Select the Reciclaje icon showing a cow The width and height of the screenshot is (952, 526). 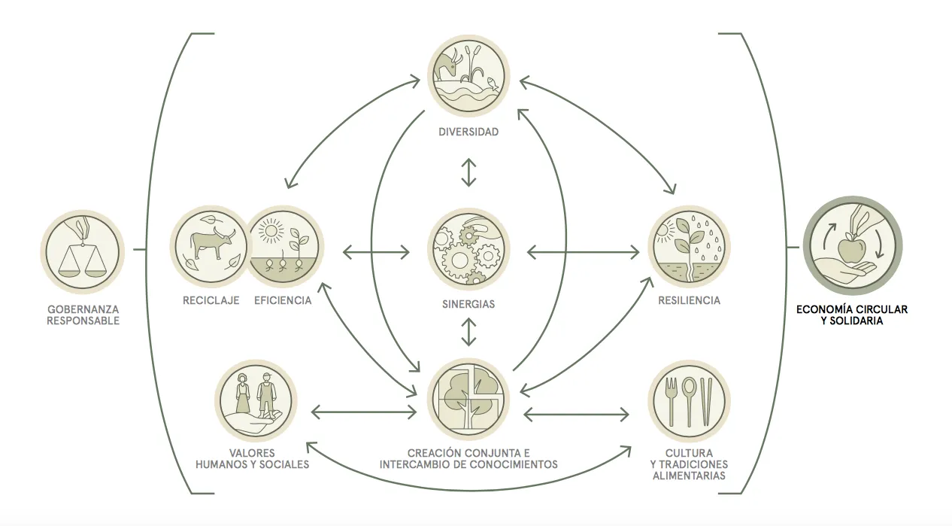click(x=209, y=246)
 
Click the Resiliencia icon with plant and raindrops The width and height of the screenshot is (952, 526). click(x=689, y=246)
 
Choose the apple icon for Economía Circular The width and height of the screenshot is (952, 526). click(x=853, y=248)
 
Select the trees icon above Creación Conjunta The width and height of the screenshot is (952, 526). click(x=468, y=400)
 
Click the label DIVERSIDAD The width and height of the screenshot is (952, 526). click(x=468, y=132)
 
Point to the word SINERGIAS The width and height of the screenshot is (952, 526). click(x=468, y=306)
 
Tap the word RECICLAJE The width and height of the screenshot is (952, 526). click(x=211, y=301)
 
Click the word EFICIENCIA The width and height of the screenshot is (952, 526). click(x=283, y=301)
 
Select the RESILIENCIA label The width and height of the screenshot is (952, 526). click(x=689, y=301)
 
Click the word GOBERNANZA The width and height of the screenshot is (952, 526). click(x=83, y=309)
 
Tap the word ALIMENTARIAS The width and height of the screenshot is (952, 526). click(x=689, y=476)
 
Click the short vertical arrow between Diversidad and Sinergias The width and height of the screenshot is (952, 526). click(x=469, y=172)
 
